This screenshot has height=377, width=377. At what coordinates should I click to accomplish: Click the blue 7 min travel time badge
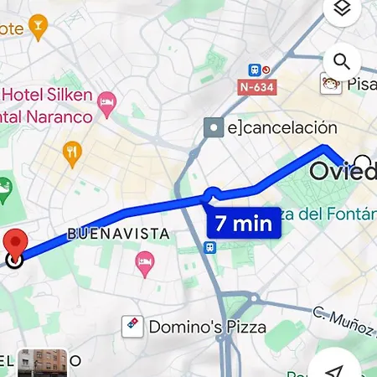point(243,224)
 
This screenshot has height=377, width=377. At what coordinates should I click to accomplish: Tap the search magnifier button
point(342,61)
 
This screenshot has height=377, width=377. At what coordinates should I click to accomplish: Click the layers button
point(342,10)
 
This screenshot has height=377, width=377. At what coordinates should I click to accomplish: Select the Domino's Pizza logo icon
point(132,325)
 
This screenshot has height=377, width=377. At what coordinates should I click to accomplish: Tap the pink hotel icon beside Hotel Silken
point(106,104)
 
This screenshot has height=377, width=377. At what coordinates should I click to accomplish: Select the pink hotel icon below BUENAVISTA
point(144,265)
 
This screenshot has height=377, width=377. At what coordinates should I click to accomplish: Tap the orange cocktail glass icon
point(37,28)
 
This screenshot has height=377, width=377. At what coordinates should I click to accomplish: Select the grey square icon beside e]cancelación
point(214,128)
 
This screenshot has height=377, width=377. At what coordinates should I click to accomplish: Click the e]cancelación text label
point(281,128)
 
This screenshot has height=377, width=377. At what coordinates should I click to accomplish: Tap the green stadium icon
point(7,190)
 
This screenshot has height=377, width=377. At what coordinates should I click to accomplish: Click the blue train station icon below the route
point(209,247)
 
